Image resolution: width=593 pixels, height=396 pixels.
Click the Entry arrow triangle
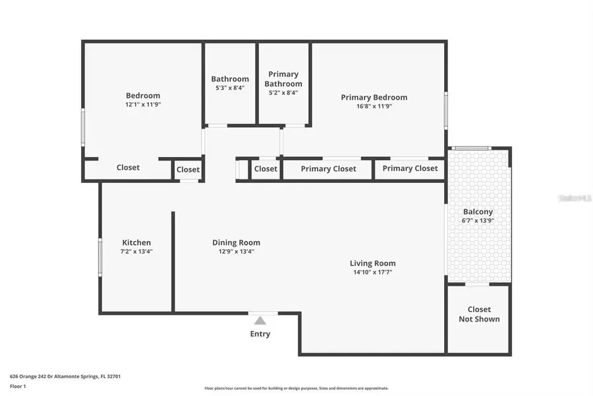point(260,321)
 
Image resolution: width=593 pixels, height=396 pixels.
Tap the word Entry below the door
point(260,334)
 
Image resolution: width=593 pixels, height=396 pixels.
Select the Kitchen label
point(136,242)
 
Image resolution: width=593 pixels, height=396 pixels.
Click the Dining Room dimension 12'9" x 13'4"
point(236,251)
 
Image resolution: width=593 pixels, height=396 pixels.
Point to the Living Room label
point(372,263)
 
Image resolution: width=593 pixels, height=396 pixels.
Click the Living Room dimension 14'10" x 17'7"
point(372,272)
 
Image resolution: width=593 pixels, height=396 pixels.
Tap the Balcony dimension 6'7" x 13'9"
point(478,221)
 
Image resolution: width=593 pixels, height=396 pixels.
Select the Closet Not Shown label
point(479,314)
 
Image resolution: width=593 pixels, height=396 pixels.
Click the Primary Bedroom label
point(374,97)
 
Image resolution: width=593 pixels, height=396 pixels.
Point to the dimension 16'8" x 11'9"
point(374,106)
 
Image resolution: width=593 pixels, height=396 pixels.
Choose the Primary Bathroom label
point(283,79)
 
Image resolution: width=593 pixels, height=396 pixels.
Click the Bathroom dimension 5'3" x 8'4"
point(230,88)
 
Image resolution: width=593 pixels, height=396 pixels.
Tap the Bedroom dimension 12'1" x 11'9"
point(143,104)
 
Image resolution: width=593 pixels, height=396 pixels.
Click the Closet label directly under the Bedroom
point(128,168)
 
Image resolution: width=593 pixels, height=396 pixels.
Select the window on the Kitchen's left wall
point(100,256)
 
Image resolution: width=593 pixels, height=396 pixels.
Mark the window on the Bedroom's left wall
point(83,127)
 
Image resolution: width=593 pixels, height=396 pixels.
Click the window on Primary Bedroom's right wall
point(446,110)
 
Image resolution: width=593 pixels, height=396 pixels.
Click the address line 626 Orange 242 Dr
point(65,376)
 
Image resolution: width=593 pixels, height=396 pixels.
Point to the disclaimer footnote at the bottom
point(296,388)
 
